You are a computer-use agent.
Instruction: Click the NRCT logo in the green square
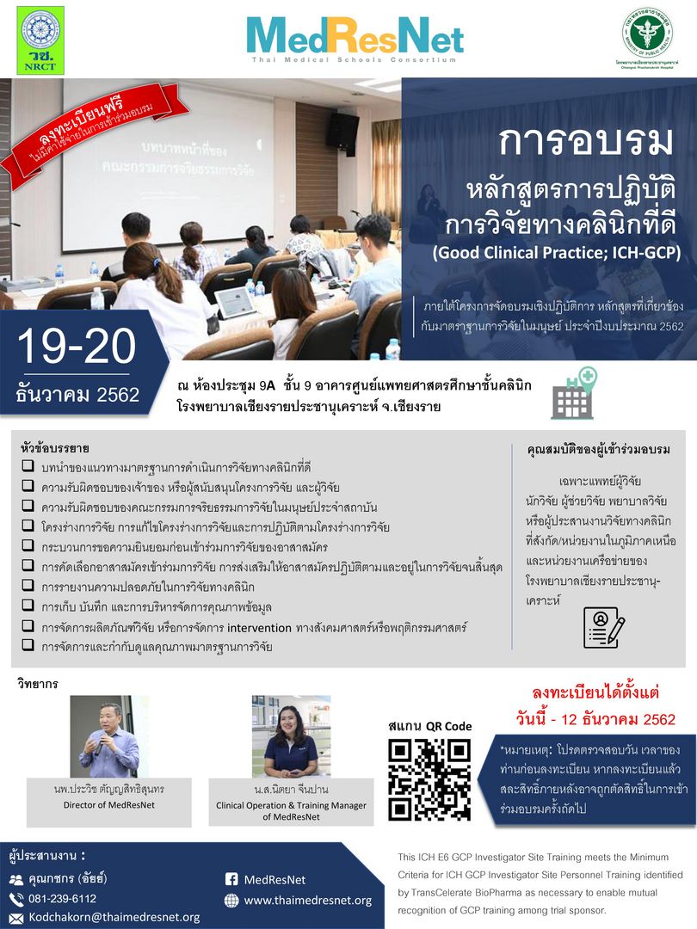click(40, 40)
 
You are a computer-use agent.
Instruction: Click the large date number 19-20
click(77, 347)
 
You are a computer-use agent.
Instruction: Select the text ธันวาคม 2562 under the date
click(77, 395)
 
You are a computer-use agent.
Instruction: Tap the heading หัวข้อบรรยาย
click(54, 448)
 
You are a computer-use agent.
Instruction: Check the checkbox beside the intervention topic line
click(28, 625)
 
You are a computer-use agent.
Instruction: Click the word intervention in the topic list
click(259, 627)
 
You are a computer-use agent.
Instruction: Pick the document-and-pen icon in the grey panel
click(604, 627)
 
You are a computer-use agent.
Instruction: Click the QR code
click(429, 779)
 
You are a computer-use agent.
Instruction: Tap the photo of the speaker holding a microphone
click(109, 736)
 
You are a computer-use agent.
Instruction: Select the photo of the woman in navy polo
click(291, 736)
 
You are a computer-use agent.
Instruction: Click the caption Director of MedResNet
click(109, 805)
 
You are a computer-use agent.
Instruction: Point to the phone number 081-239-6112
click(62, 899)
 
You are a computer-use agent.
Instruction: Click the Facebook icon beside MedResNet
click(231, 879)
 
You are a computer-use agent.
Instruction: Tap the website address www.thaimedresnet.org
click(308, 901)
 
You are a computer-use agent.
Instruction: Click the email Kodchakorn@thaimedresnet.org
click(114, 917)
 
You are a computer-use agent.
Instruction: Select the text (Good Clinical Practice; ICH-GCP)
click(557, 253)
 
